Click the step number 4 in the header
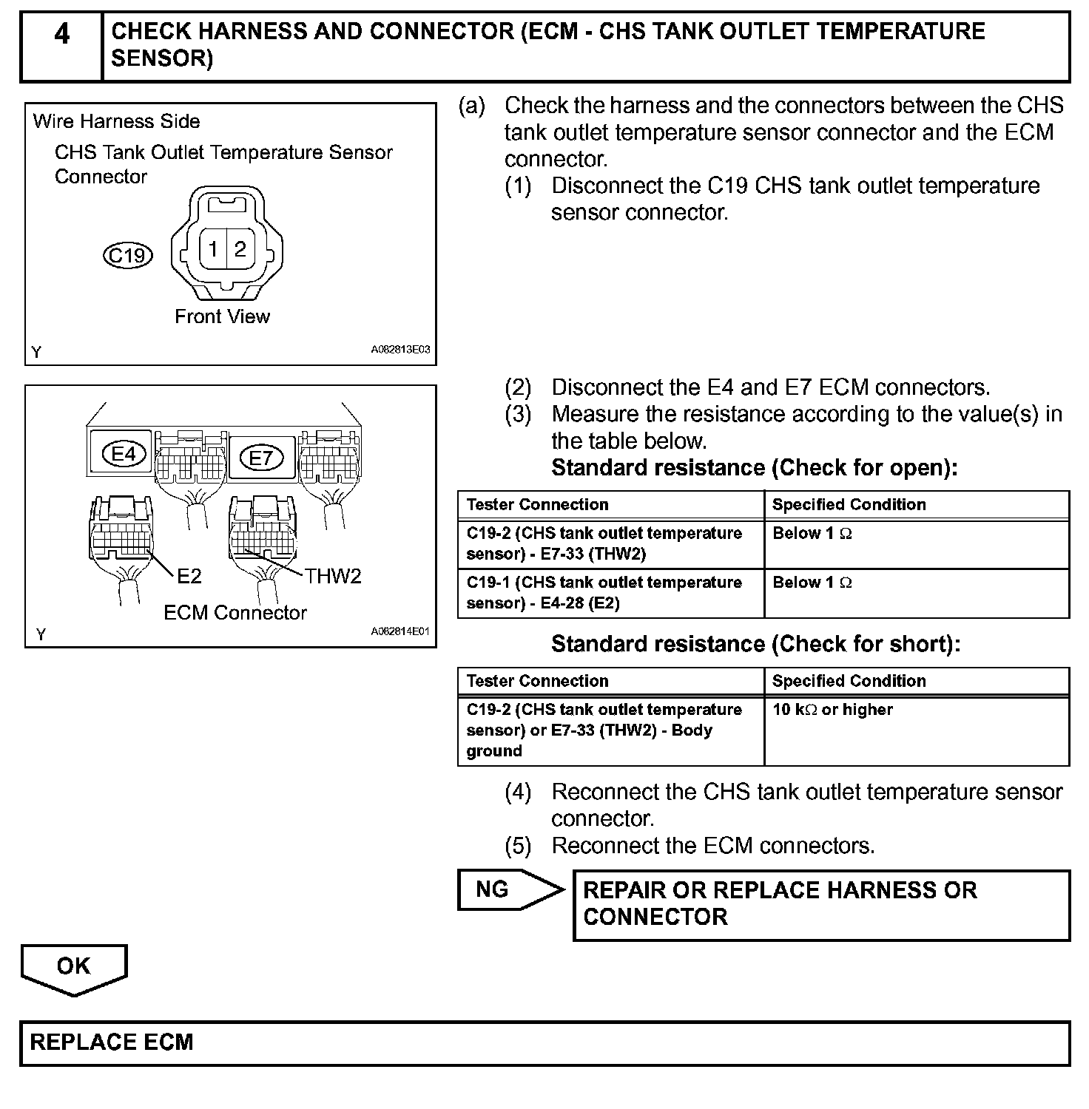(62, 34)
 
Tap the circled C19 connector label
(127, 255)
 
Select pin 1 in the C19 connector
(213, 248)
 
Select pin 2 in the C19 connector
(240, 248)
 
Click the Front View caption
(222, 316)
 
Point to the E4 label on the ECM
(124, 453)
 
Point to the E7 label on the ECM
(261, 458)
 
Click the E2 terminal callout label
(189, 576)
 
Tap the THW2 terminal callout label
(333, 576)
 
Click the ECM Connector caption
(235, 612)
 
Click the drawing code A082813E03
(400, 350)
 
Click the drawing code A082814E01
(400, 632)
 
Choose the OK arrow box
(74, 966)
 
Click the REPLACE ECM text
(112, 1042)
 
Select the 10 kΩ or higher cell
(832, 710)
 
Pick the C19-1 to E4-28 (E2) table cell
(604, 592)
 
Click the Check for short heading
(755, 644)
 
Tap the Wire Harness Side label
(117, 121)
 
